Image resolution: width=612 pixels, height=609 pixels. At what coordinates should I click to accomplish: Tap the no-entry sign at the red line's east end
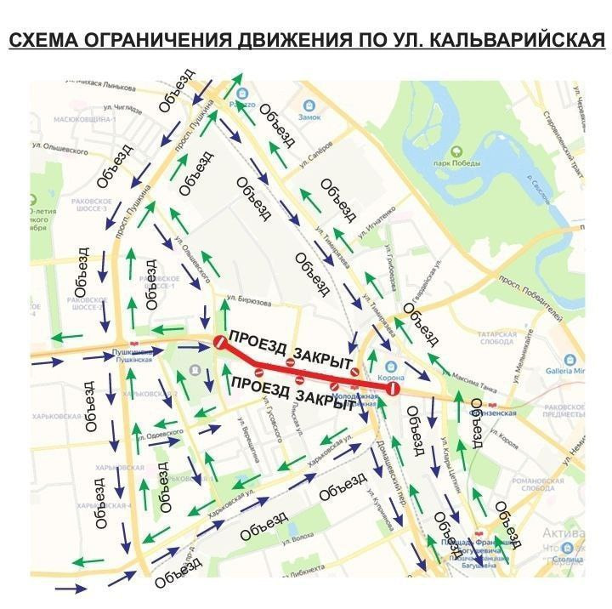click(x=392, y=388)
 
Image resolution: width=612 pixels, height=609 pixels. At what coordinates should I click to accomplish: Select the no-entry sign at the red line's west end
click(x=218, y=343)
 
